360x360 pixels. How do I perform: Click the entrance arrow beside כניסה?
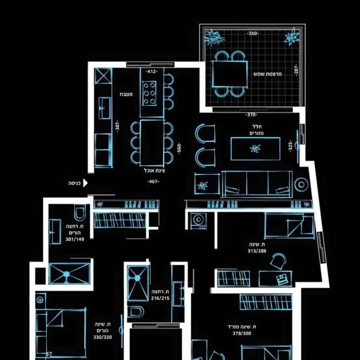(85, 183)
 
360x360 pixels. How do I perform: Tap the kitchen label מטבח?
(126, 94)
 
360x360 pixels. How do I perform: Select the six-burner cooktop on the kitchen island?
(149, 93)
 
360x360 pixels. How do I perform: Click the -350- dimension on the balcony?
(253, 34)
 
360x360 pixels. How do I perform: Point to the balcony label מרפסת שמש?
(268, 74)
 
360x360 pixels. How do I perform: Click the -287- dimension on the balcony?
(296, 70)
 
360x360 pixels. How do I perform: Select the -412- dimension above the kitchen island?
(151, 72)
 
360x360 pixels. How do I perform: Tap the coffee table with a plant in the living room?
(255, 149)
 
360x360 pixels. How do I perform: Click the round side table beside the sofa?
(301, 184)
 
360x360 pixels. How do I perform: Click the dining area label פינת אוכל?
(155, 171)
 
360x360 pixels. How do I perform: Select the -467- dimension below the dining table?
(153, 181)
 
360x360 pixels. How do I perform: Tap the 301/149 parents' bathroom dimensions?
(75, 239)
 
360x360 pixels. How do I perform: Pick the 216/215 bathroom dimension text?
(160, 298)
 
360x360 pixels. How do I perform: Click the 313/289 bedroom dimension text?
(257, 251)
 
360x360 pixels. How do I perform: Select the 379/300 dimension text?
(242, 333)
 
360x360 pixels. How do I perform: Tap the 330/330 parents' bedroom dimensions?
(102, 337)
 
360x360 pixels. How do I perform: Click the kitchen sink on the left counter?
(104, 108)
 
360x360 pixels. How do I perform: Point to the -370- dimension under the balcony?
(252, 114)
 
